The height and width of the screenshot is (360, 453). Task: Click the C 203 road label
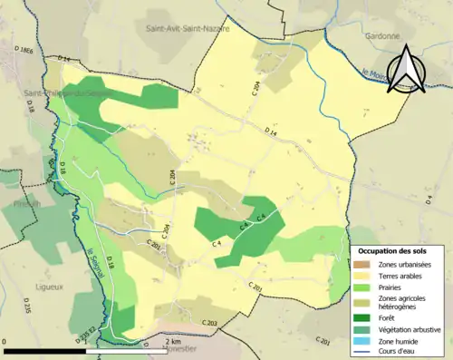pos(205,323)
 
